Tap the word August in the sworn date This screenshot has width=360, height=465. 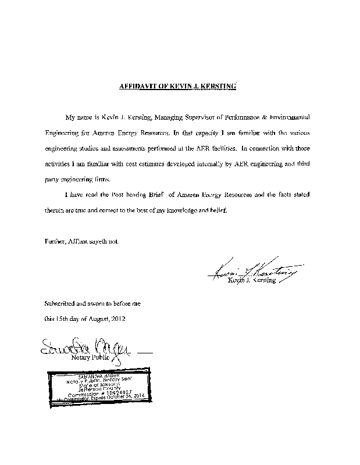96,319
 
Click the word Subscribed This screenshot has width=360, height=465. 60,304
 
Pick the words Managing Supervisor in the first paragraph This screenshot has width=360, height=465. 186,117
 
